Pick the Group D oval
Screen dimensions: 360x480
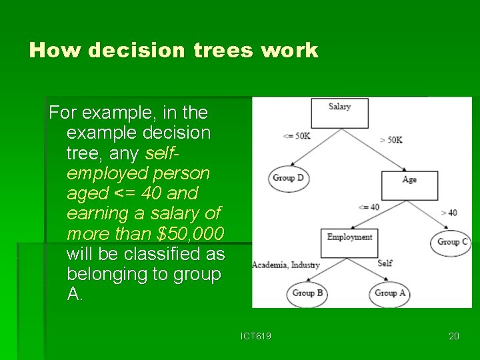288,178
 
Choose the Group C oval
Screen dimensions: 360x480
452,242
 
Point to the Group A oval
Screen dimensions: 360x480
389,293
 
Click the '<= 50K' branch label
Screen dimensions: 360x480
297,136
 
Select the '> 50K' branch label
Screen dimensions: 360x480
391,140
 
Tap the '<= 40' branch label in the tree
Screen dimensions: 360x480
369,207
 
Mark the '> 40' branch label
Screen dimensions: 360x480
449,213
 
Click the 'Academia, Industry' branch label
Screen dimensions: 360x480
285,265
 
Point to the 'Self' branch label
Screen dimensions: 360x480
385,263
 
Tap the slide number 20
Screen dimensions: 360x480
453,336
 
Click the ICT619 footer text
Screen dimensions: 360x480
256,336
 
